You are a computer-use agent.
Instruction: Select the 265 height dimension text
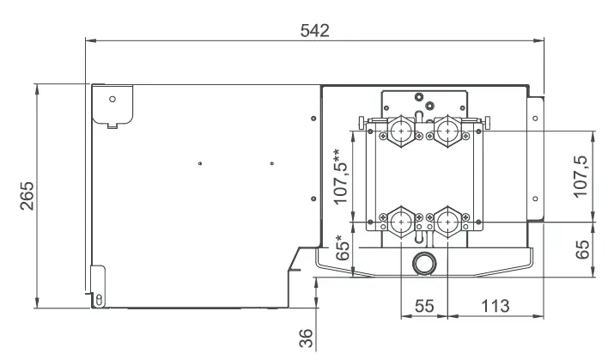[x=26, y=195]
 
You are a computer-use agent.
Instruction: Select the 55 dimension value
[x=423, y=307]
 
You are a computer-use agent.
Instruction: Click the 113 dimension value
[x=495, y=307]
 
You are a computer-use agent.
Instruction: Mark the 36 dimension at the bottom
[x=304, y=337]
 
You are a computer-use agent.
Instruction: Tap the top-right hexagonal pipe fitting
[x=445, y=131]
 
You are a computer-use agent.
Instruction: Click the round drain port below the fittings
[x=423, y=262]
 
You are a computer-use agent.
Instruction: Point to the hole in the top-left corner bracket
[x=112, y=98]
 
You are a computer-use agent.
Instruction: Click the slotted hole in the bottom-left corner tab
[x=99, y=298]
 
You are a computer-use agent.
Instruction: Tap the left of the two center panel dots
[x=199, y=162]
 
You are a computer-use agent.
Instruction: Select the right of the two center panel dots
[x=271, y=162]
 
